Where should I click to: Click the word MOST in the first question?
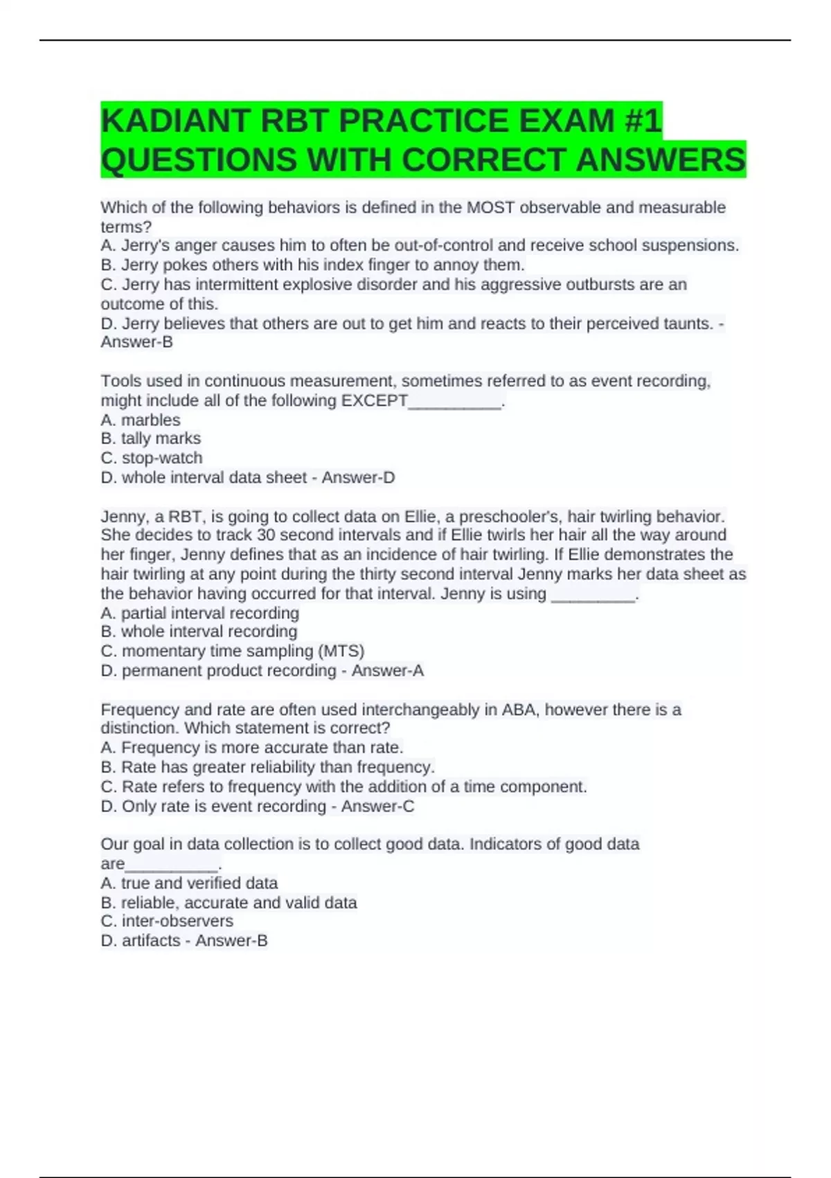pos(490,207)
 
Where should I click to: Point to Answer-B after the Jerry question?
pos(137,342)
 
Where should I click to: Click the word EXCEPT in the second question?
pos(374,401)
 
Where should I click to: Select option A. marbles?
pos(141,420)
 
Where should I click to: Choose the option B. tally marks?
pos(151,439)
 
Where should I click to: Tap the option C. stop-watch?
pos(152,458)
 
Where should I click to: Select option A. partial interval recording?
pos(200,613)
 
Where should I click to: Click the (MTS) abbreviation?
pos(341,651)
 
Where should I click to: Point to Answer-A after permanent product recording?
pos(388,671)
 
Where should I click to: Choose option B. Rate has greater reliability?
pos(268,767)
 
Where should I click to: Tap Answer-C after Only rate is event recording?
pos(377,807)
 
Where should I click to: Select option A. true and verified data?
pos(189,884)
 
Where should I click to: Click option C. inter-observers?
pos(167,922)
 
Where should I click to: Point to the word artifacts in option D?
pos(151,941)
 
